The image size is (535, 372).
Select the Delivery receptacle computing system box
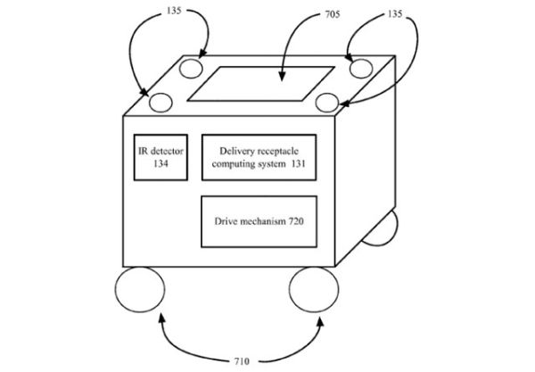click(259, 157)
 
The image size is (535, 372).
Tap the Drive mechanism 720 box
click(259, 220)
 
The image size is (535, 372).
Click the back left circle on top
click(192, 68)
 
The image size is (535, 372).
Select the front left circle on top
click(160, 101)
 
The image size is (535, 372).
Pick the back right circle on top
click(359, 67)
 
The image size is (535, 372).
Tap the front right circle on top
click(326, 102)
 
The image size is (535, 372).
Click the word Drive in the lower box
click(228, 220)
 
